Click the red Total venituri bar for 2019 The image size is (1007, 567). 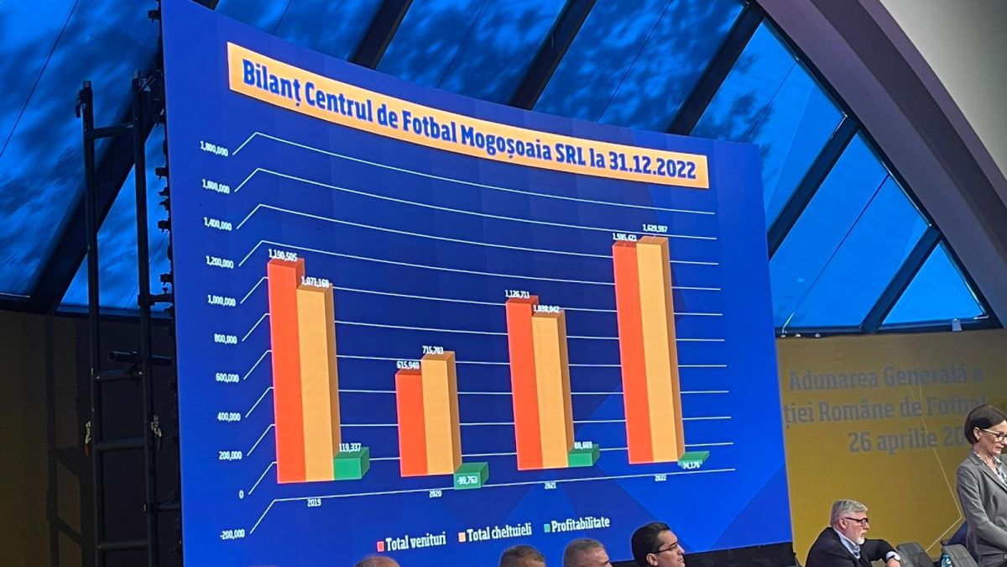pos(285,370)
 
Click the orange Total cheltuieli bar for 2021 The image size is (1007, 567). pos(550,391)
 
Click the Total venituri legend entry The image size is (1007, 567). pos(412,541)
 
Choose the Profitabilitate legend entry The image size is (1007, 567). pos(577,524)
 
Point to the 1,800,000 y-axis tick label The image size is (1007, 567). pos(214,150)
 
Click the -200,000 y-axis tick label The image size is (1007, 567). pos(232,533)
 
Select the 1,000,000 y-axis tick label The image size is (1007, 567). pos(221,301)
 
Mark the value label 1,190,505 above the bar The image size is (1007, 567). pos(282,254)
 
